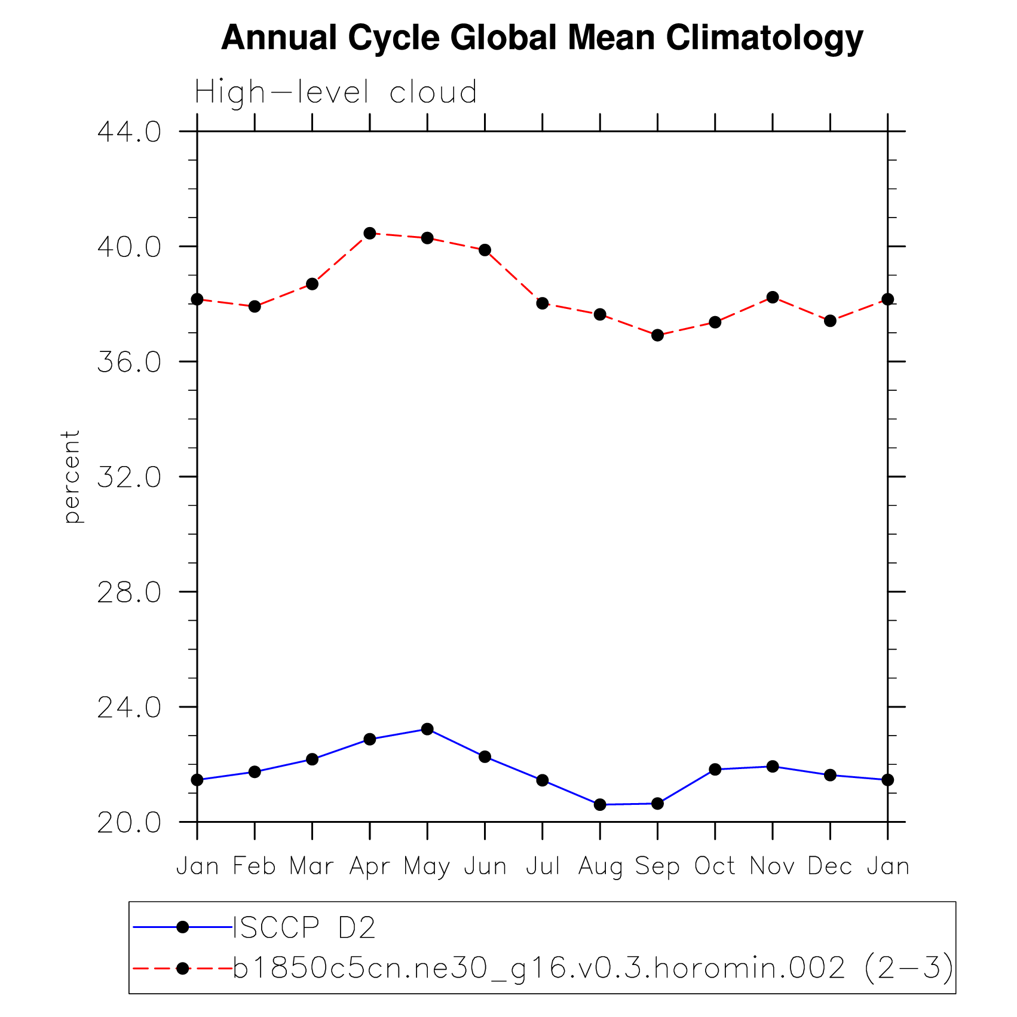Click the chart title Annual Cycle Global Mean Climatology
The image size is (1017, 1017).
pyautogui.click(x=542, y=38)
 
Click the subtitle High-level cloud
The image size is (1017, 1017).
pyautogui.click(x=336, y=93)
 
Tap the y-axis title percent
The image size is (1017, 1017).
pyautogui.click(x=72, y=476)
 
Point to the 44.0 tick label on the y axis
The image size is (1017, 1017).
pyautogui.click(x=129, y=132)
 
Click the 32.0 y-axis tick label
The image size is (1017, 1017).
pyautogui.click(x=129, y=477)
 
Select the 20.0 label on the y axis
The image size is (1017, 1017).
pyautogui.click(x=129, y=823)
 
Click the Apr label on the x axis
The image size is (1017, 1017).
pyautogui.click(x=369, y=866)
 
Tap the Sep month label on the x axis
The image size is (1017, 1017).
pyautogui.click(x=657, y=866)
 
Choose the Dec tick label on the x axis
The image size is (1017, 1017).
pyautogui.click(x=830, y=866)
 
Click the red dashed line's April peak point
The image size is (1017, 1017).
pyautogui.click(x=370, y=233)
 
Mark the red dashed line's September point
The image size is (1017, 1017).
pyautogui.click(x=657, y=335)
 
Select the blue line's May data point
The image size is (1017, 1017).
pyautogui.click(x=427, y=729)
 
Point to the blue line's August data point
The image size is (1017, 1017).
pyautogui.click(x=600, y=805)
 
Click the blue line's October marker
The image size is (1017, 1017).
pyautogui.click(x=715, y=769)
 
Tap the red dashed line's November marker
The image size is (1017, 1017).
pyautogui.click(x=773, y=297)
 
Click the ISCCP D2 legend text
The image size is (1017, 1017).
pyautogui.click(x=304, y=928)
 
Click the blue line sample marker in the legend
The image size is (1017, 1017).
pyautogui.click(x=183, y=927)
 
